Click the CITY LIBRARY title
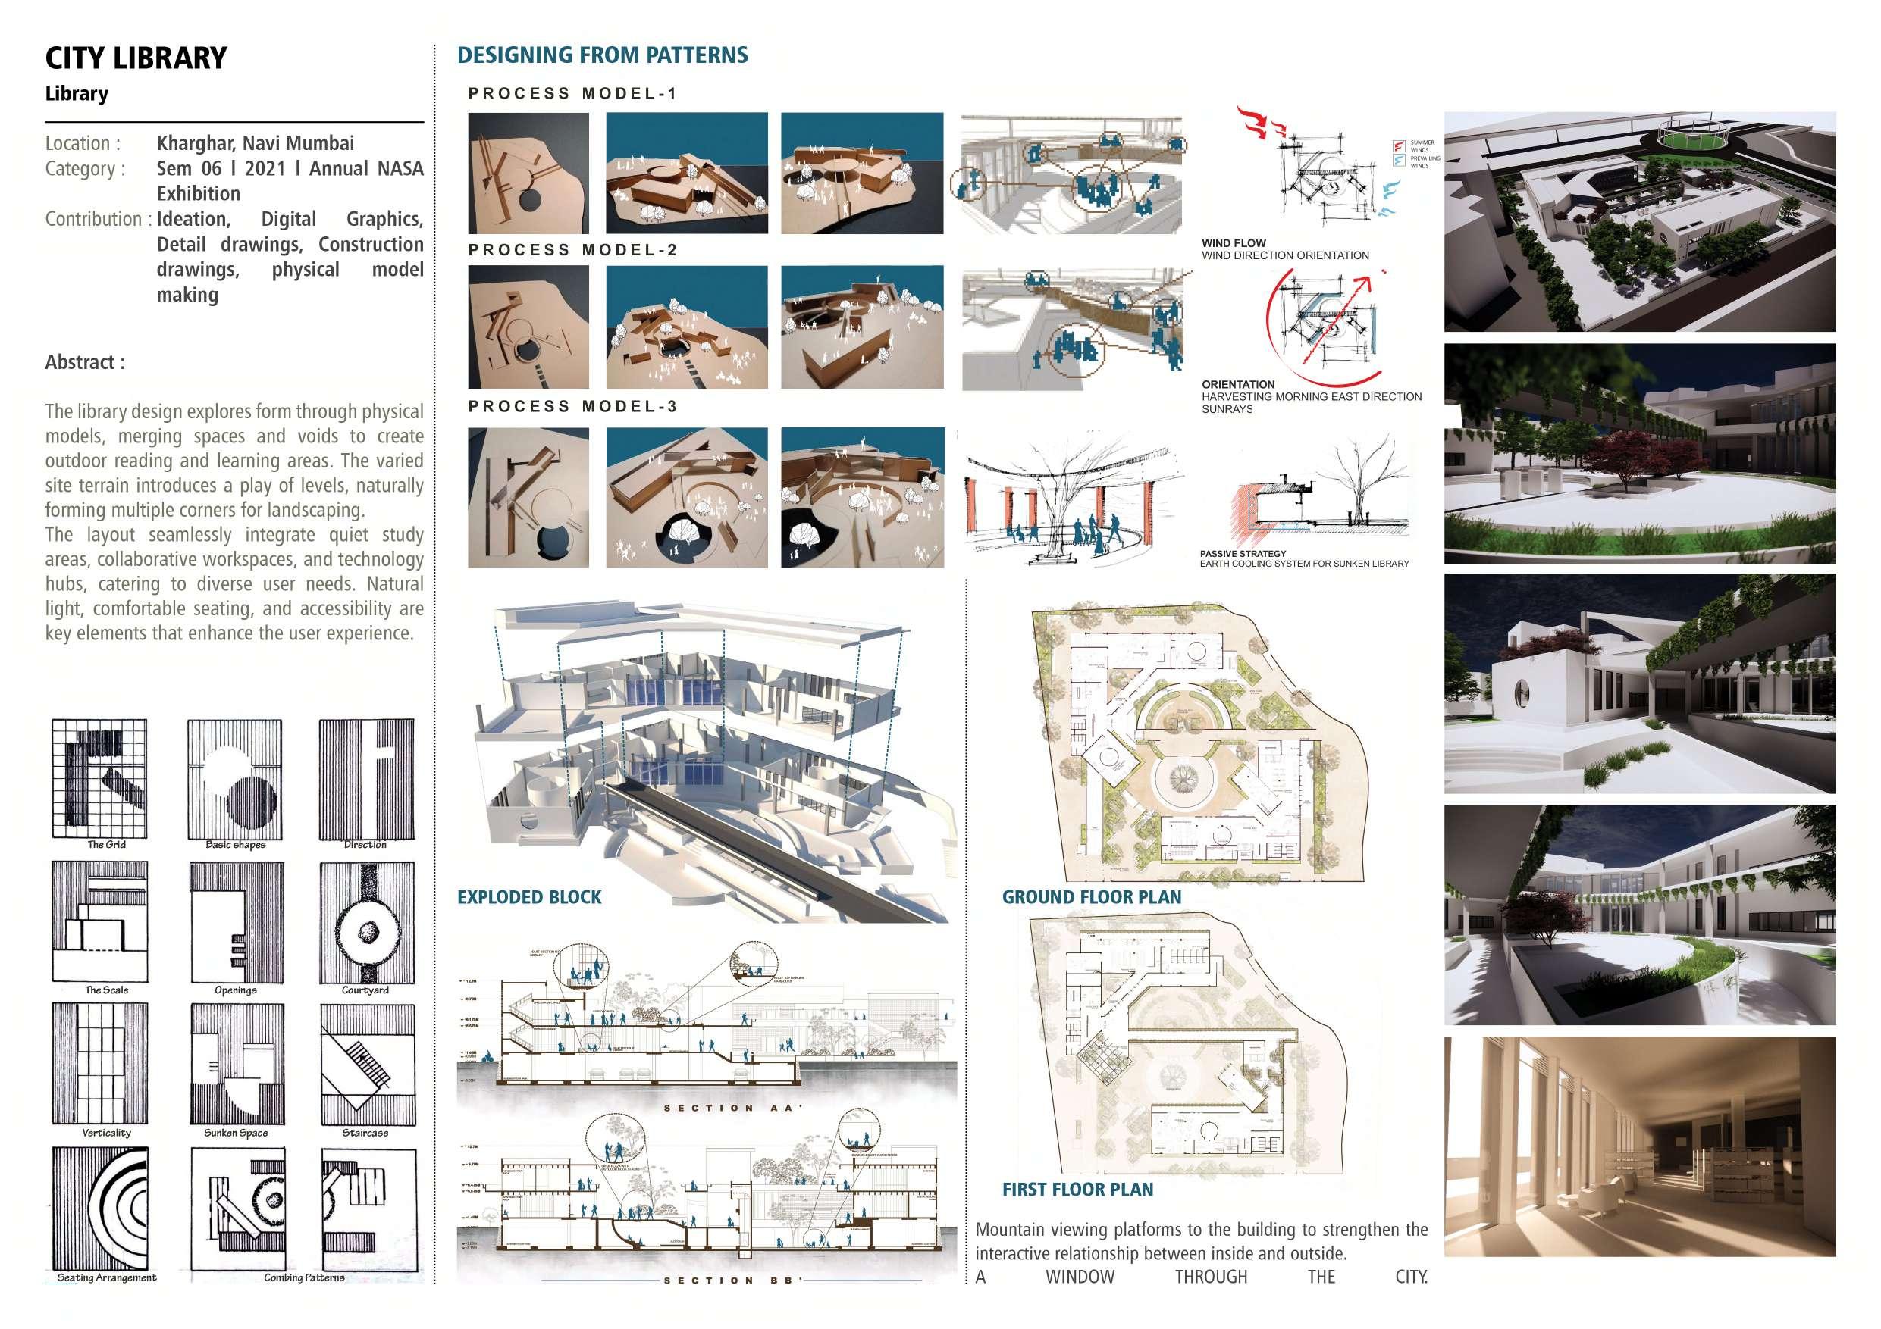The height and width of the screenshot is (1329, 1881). click(x=136, y=58)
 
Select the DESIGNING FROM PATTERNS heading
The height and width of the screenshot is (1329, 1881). click(x=602, y=55)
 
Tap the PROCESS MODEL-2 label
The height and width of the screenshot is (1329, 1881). click(x=572, y=250)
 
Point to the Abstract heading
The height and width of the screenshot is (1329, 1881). click(x=85, y=363)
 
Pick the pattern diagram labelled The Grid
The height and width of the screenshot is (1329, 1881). click(x=99, y=777)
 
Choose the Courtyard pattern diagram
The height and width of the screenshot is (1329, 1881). click(x=365, y=921)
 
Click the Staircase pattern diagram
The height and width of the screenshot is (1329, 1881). click(x=365, y=1062)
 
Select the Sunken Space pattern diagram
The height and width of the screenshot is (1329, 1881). click(x=237, y=1062)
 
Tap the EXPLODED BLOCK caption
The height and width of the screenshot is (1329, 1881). click(x=529, y=897)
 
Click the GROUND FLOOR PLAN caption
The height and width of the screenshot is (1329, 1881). click(x=1091, y=897)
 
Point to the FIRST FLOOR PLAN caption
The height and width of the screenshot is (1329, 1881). click(x=1077, y=1190)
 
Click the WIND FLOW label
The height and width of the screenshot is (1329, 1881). click(x=1234, y=243)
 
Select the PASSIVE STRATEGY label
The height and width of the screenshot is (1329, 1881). click(x=1243, y=554)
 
